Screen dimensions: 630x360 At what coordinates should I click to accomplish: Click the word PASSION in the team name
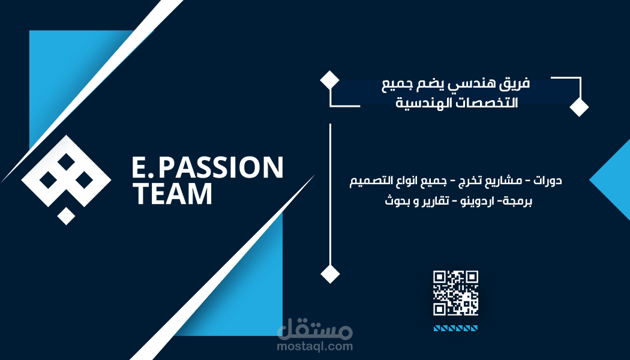coord(221,167)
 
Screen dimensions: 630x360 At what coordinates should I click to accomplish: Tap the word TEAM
coord(172,194)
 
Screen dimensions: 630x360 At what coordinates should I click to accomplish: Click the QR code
coord(455,293)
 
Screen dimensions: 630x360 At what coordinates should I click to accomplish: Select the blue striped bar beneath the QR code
coord(455,329)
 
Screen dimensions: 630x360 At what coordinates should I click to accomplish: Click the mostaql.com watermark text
coord(314,346)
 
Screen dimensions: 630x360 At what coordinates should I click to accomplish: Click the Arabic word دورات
coord(548,181)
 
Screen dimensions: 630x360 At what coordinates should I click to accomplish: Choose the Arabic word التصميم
coord(371,181)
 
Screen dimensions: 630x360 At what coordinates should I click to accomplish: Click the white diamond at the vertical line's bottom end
coord(330,274)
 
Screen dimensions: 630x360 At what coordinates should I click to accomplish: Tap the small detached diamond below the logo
coord(66,216)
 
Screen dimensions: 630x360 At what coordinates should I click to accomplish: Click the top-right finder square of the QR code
coord(472,277)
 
